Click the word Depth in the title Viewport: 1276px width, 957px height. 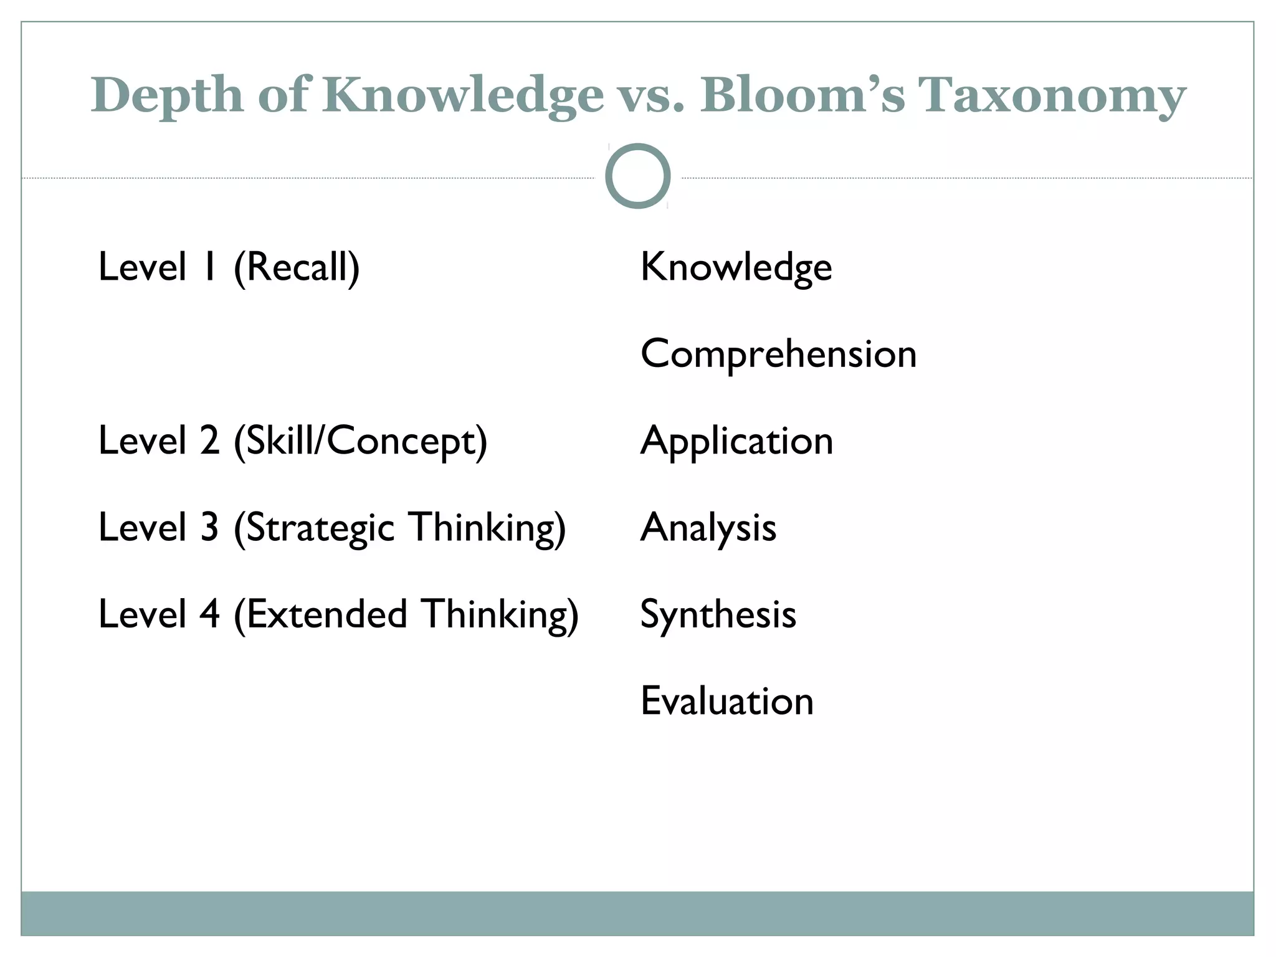pos(167,95)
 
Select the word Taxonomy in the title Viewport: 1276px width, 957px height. pos(1053,95)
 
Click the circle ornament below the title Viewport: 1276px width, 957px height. pos(637,176)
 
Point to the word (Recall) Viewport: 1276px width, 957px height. pos(297,267)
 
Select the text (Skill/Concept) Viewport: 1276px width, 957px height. pos(360,441)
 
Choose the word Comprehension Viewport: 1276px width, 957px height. pos(778,355)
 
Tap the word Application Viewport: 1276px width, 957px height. pos(736,441)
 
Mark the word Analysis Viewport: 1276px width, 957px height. pos(708,528)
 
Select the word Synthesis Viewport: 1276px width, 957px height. pos(718,614)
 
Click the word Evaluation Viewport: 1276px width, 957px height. pos(726,701)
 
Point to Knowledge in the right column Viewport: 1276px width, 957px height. pos(736,267)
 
